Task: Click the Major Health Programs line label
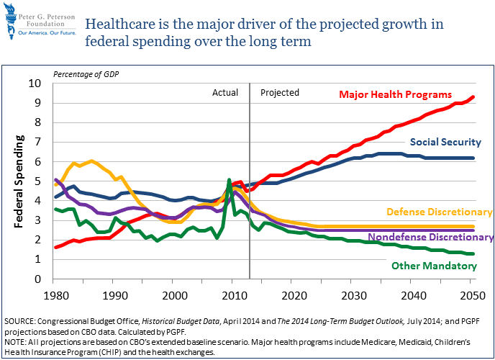point(395,94)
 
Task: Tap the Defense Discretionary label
point(440,212)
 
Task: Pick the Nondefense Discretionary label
point(430,237)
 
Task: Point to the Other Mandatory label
point(433,266)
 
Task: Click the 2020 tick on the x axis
point(290,295)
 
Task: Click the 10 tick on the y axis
point(35,84)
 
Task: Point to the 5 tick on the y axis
point(38,181)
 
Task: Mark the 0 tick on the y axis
point(38,279)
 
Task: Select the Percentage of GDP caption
point(85,75)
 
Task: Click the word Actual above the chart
point(225,93)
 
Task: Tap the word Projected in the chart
point(279,93)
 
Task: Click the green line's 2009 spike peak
point(229,180)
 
